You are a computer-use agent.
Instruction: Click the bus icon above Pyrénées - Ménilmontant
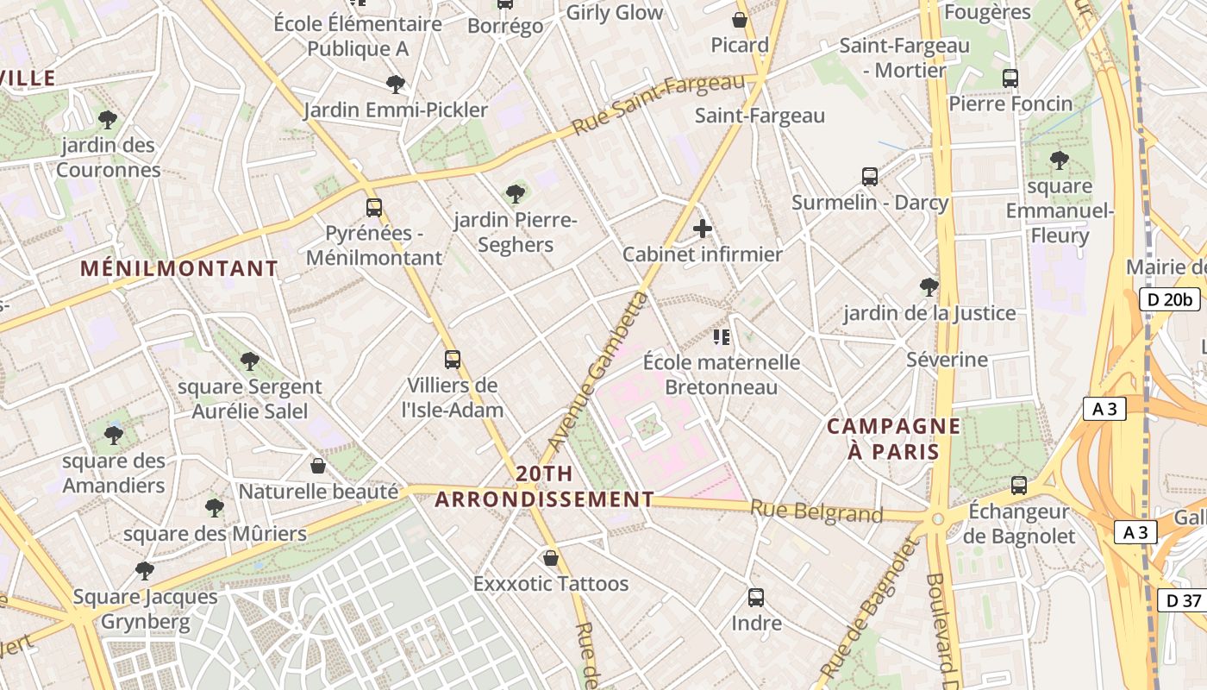pos(373,208)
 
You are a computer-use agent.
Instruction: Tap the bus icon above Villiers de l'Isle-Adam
pos(453,360)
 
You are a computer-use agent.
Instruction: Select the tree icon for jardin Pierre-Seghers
pos(516,194)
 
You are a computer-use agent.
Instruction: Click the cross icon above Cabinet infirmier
pos(703,229)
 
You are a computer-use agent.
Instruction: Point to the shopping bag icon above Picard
pos(739,19)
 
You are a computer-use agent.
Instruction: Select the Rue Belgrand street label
pos(816,511)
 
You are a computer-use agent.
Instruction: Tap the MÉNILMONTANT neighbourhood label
pos(179,268)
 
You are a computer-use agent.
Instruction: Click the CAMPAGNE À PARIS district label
pos(893,438)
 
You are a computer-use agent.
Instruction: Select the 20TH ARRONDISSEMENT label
pos(544,486)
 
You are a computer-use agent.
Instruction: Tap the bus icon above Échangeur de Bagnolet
pos(1019,486)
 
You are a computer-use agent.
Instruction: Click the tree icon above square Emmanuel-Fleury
pos(1059,160)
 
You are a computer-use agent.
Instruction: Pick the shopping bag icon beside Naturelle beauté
pos(318,466)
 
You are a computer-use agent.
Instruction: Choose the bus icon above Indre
pos(756,597)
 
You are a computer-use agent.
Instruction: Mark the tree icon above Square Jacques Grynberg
pos(145,570)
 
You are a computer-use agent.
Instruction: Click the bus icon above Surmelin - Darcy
pos(870,177)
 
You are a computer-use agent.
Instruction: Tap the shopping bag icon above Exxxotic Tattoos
pos(551,558)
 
